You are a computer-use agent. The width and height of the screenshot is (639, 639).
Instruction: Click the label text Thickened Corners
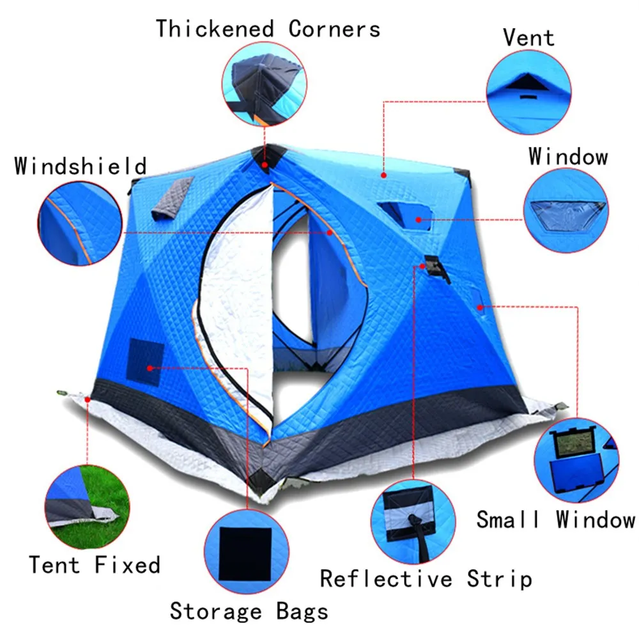coord(268,29)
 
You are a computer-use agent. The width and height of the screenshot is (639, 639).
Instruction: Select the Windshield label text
coord(81,166)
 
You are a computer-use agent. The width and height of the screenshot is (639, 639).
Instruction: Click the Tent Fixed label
coord(94,565)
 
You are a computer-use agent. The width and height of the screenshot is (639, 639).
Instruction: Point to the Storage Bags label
coord(249,611)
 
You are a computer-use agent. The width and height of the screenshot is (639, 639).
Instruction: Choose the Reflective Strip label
coord(426,579)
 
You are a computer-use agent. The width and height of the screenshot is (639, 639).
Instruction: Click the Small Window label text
coord(555,519)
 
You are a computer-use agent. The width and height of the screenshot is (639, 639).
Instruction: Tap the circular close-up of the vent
coord(528,93)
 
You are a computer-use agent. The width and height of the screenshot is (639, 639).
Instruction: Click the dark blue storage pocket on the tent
coord(146,362)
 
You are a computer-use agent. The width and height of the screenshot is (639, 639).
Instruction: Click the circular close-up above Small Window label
coord(575,460)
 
